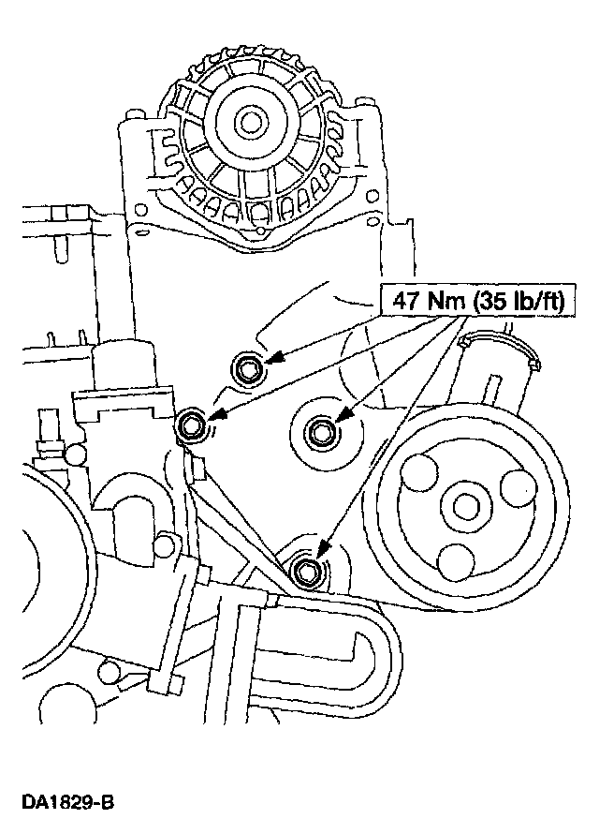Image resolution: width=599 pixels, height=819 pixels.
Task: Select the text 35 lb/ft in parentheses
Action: click(510, 302)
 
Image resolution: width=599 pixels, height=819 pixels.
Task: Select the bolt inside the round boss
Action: click(321, 432)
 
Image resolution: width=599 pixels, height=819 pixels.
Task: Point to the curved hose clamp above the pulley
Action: click(510, 345)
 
